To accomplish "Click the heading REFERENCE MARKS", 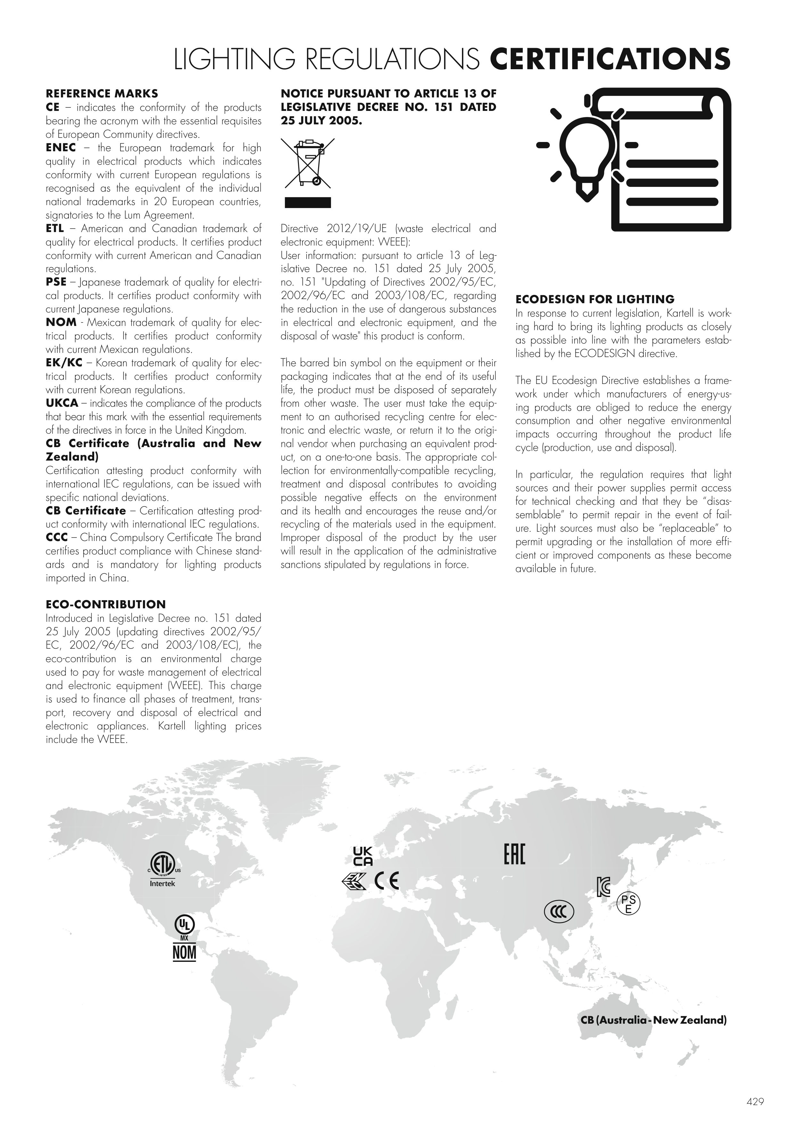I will tap(102, 94).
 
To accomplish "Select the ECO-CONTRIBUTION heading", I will tap(105, 604).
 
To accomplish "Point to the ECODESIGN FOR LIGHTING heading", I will tap(595, 299).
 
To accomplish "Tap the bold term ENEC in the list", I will tap(61, 148).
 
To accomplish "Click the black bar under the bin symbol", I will tap(308, 203).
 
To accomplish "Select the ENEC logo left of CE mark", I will tap(353, 882).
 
